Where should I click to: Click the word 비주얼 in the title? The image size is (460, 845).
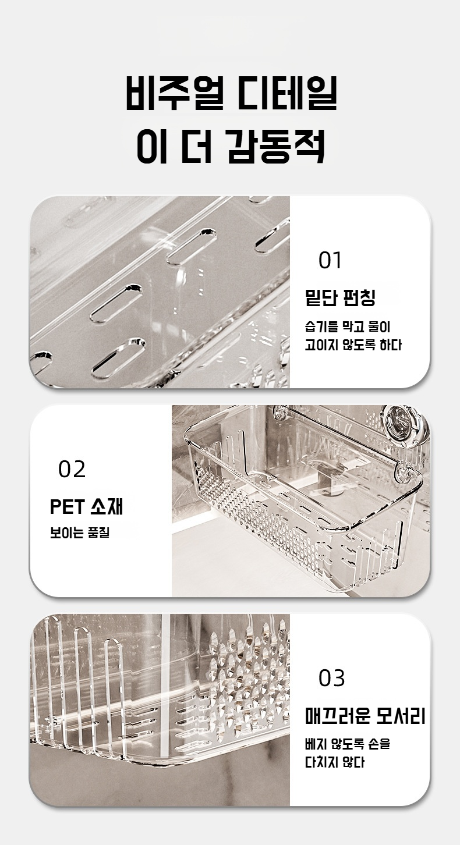173,93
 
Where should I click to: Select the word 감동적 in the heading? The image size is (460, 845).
277,147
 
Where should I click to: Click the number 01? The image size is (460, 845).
330,260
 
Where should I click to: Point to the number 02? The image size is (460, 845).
72,469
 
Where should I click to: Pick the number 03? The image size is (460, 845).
332,678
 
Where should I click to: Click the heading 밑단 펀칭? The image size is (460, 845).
340,297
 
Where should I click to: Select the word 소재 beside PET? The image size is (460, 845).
107,506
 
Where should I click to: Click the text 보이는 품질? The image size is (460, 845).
80,533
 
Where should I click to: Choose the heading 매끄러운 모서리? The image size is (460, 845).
365,716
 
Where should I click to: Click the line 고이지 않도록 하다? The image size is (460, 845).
353,345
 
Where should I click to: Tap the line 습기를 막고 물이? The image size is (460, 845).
348,326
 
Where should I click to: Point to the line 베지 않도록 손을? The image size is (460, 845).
348,744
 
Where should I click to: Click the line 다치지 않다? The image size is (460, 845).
335,762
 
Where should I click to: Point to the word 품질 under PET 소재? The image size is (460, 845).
98,533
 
